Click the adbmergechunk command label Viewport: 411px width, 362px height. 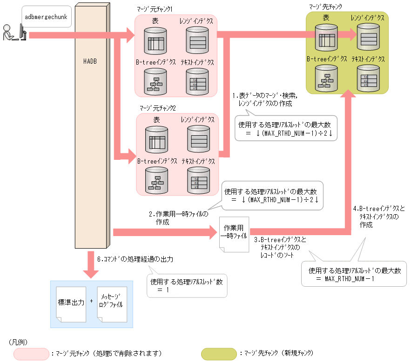tap(46, 17)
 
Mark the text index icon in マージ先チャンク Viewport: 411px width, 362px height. tap(368, 78)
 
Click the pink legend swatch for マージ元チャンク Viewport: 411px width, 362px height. tap(31, 354)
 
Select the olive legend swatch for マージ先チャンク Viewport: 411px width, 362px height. tap(218, 354)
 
